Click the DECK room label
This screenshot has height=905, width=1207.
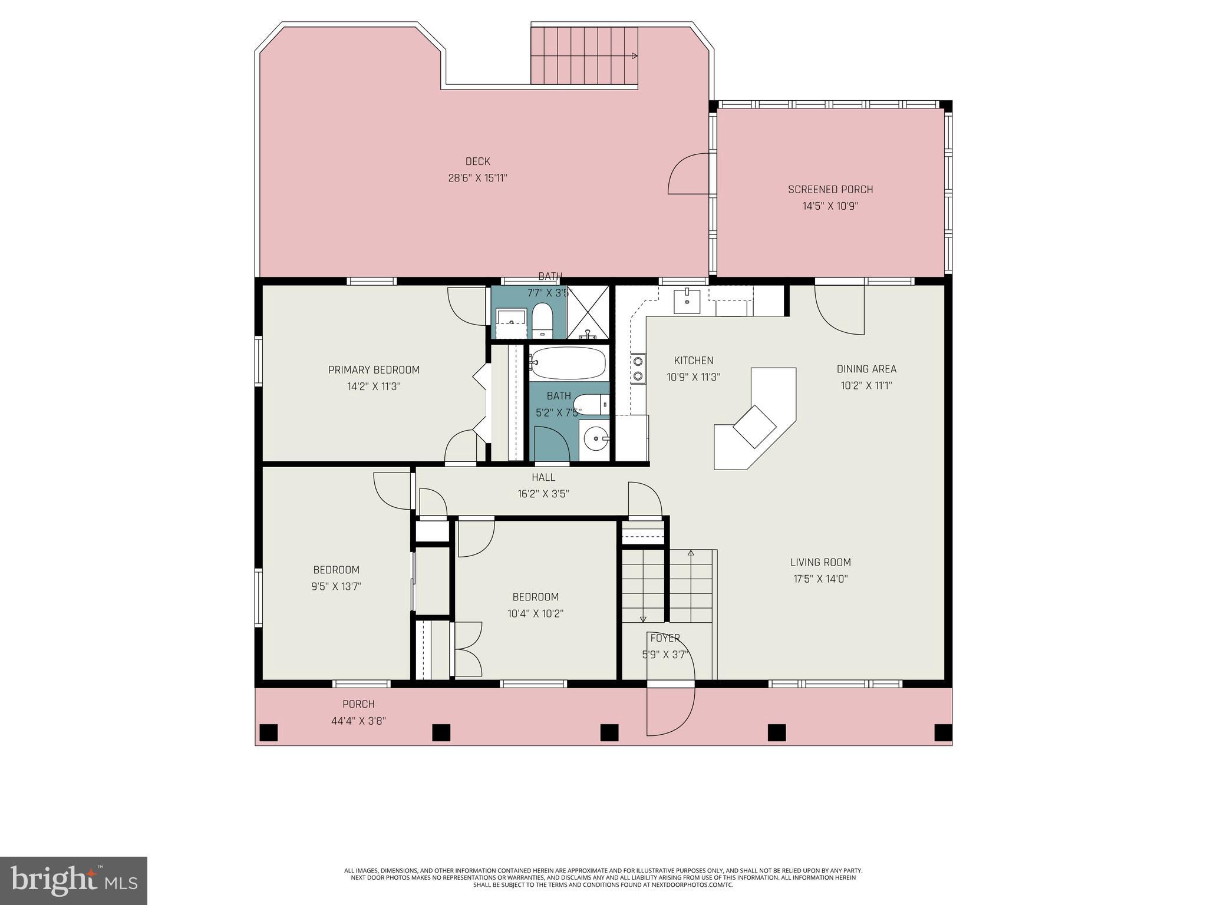tap(477, 161)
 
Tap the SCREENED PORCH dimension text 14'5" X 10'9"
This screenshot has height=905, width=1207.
tap(830, 206)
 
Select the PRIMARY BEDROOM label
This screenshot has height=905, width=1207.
tap(374, 370)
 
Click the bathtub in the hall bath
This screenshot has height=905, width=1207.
tap(568, 363)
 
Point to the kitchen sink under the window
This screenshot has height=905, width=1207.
tap(687, 300)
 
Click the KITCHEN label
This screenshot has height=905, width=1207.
tap(693, 361)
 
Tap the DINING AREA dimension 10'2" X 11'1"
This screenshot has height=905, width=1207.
tap(866, 386)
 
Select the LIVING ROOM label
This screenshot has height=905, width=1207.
tap(820, 562)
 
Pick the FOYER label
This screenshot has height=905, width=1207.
tap(665, 638)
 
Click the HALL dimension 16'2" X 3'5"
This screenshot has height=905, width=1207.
tap(543, 494)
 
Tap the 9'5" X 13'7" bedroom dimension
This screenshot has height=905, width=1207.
tap(336, 586)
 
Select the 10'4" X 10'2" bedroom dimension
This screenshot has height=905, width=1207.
tap(535, 613)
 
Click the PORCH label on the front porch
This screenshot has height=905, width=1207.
tap(358, 704)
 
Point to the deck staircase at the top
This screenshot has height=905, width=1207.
tap(583, 56)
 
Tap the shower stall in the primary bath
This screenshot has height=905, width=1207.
tap(587, 312)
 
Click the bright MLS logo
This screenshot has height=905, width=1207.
tap(74, 880)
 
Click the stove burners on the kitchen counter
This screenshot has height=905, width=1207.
tap(638, 369)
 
